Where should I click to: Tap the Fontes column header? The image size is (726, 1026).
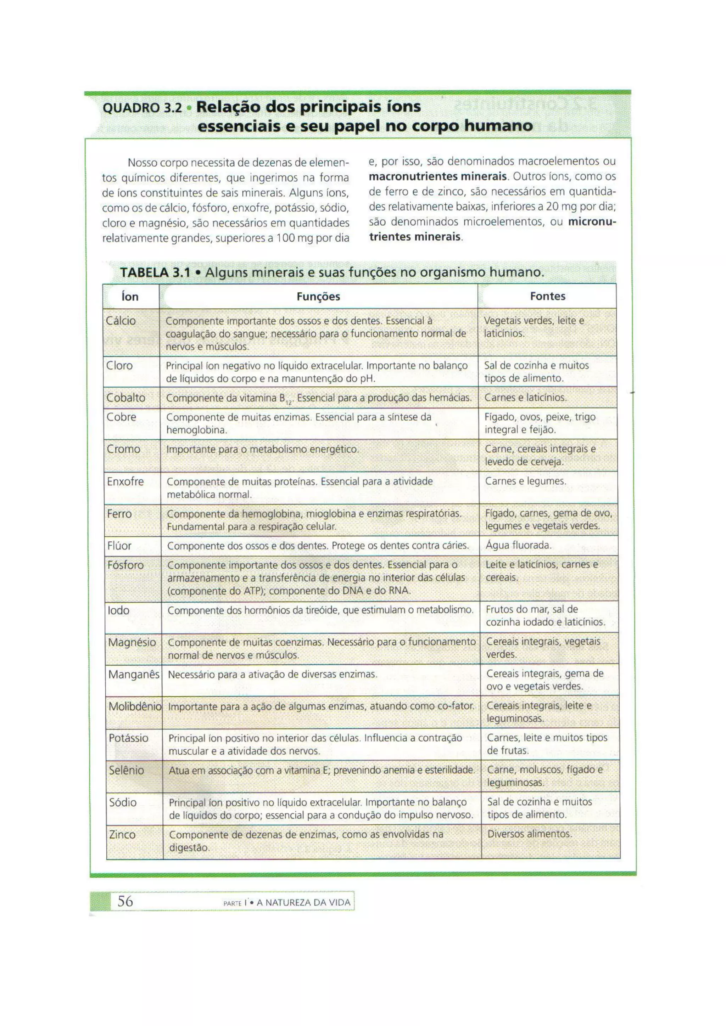coord(547,296)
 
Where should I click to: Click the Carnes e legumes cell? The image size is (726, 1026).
coord(525,481)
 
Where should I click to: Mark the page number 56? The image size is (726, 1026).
coord(125,901)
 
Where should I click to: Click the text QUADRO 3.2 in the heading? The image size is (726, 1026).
coord(143,108)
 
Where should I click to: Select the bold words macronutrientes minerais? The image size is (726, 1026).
coord(438,176)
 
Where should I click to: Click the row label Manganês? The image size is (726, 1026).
coord(133,674)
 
